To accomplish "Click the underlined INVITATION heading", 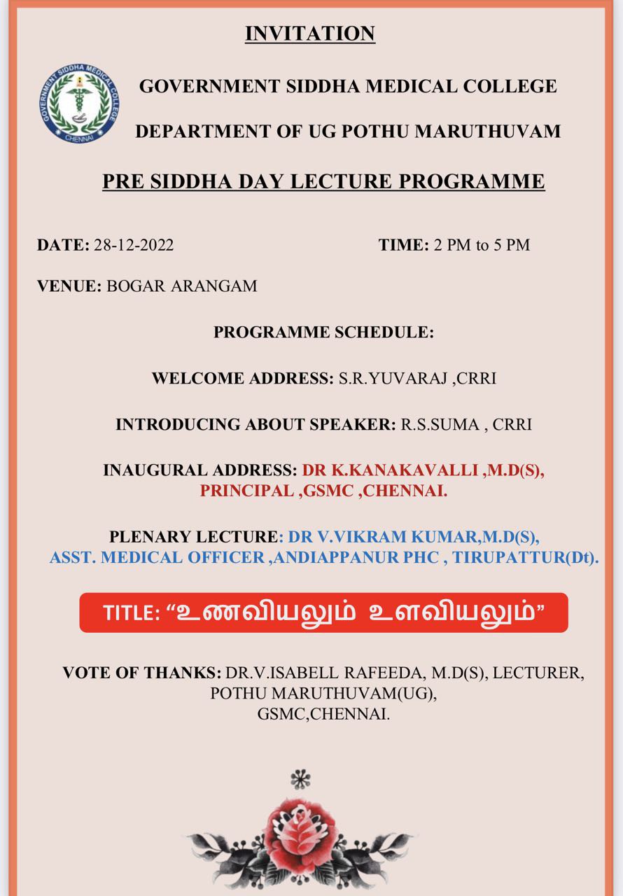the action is click(x=310, y=33).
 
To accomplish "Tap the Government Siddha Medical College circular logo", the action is click(x=79, y=104).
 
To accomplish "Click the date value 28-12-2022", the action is click(x=134, y=245).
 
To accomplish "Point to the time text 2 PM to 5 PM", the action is click(x=482, y=245).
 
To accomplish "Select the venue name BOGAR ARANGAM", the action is click(x=181, y=286).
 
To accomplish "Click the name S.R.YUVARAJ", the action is click(x=393, y=378).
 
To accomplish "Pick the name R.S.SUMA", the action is click(x=440, y=424).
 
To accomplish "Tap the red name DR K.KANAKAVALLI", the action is click(x=390, y=470).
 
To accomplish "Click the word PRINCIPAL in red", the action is click(x=246, y=491).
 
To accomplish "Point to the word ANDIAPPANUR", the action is click(x=336, y=557).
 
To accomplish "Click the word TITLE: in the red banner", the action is click(x=132, y=613).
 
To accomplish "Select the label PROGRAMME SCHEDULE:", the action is click(x=323, y=332).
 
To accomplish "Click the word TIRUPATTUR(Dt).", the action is click(x=525, y=557).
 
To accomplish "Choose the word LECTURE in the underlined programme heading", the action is click(x=341, y=181).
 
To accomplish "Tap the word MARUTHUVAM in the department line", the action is click(x=487, y=131).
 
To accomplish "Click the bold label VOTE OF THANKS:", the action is click(x=142, y=673).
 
